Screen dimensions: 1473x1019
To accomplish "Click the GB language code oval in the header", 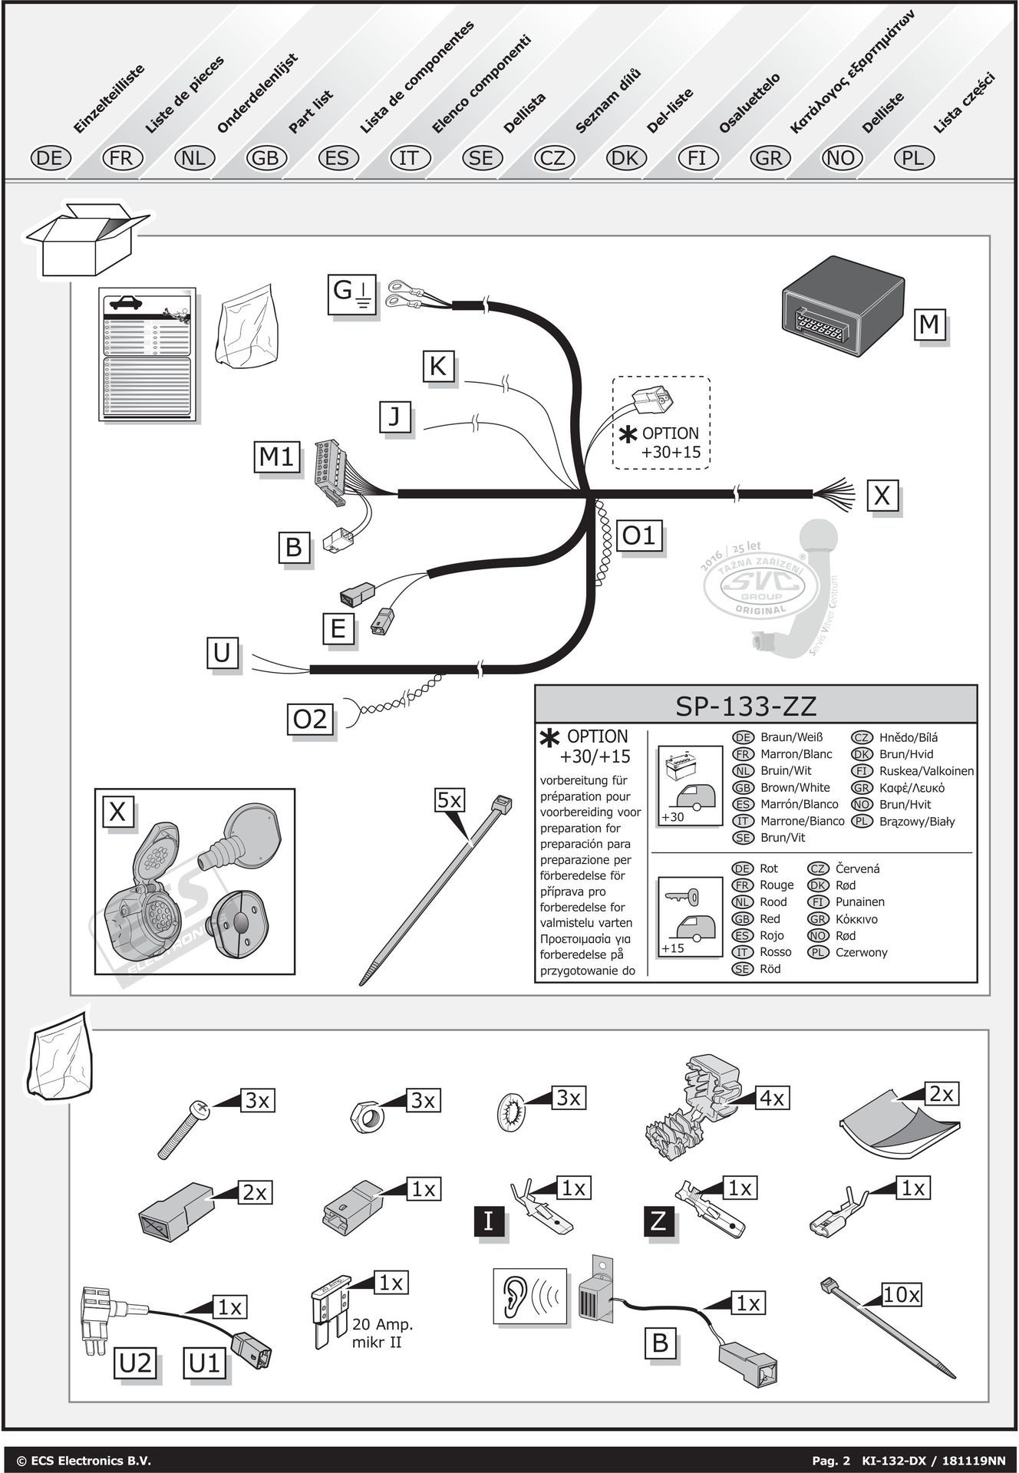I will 265,158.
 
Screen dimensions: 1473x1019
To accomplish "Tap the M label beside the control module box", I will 929,325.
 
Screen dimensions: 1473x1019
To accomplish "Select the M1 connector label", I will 276,458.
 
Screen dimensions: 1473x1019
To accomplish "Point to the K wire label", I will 437,367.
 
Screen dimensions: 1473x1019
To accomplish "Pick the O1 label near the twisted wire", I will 638,535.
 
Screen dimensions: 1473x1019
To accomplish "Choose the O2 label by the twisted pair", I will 310,720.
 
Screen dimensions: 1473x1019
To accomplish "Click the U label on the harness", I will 222,654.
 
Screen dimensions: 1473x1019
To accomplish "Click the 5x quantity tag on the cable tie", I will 449,801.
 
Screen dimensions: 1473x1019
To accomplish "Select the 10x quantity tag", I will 901,1296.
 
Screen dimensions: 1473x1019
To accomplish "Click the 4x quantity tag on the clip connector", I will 771,1099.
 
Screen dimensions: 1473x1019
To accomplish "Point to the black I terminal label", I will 488,1221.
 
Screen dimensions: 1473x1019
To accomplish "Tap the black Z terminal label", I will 658,1221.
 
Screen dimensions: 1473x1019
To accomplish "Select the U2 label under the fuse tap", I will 136,1363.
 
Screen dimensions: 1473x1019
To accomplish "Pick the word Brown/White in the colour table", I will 794,787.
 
